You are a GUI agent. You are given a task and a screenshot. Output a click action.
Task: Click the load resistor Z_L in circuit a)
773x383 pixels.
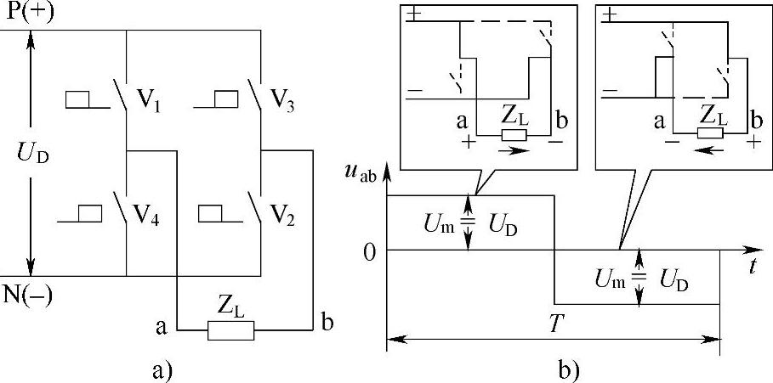[230, 330]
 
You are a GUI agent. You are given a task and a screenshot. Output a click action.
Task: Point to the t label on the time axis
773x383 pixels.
[753, 267]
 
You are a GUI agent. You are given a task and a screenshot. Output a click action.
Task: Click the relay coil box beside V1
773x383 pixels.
[79, 100]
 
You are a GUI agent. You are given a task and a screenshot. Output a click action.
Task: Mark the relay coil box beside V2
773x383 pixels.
[211, 212]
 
